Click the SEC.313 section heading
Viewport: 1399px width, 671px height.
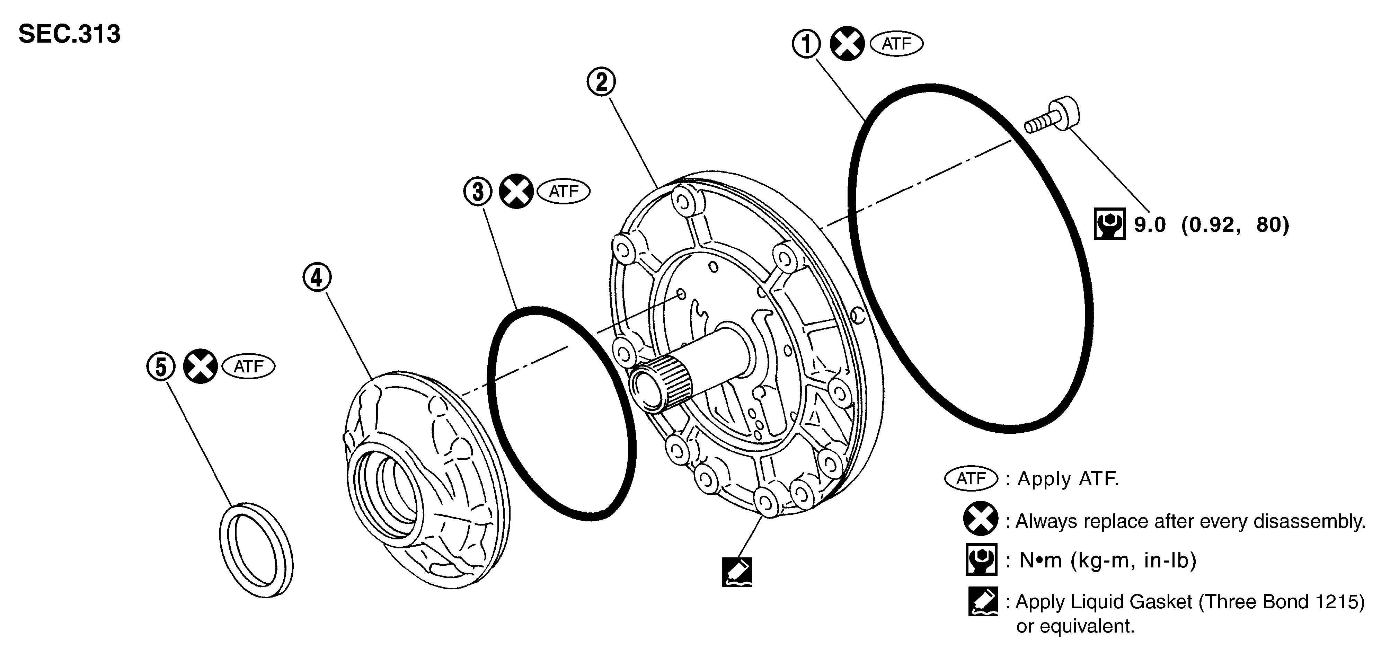[x=70, y=34]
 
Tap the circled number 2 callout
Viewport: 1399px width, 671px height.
[x=602, y=82]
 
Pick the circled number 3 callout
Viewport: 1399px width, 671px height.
[x=478, y=192]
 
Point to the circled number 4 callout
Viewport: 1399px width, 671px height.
[x=317, y=277]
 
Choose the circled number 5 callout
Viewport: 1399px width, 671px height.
[x=161, y=367]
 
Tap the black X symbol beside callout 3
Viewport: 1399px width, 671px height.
[x=516, y=192]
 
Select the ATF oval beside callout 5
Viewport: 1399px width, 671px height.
[x=249, y=367]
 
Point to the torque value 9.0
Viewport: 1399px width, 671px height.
[x=1150, y=224]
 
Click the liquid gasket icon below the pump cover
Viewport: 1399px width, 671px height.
[x=737, y=572]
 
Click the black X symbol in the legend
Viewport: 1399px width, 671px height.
[x=981, y=519]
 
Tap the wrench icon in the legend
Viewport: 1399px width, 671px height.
[x=981, y=559]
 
